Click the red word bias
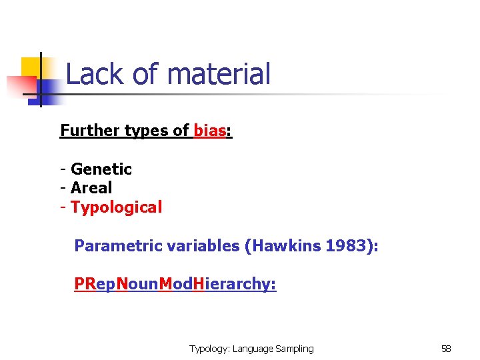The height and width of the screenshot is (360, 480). point(209,131)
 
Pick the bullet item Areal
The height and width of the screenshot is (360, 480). point(91,188)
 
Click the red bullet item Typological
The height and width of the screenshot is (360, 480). point(116,207)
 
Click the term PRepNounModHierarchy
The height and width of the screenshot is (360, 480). point(175,285)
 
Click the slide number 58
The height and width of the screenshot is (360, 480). point(446,349)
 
